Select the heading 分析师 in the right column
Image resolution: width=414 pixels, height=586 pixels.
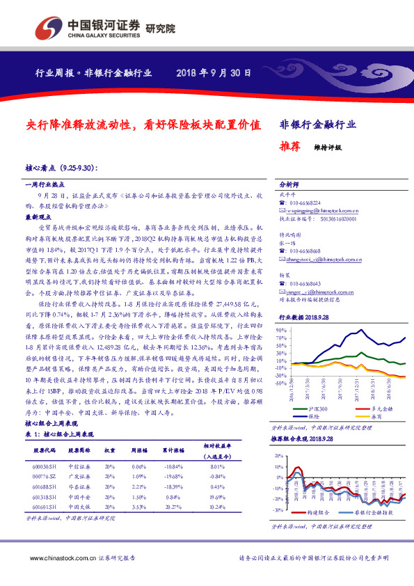(289, 186)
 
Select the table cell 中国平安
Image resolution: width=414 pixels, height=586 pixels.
(79, 498)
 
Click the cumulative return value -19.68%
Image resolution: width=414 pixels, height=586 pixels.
(174, 477)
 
